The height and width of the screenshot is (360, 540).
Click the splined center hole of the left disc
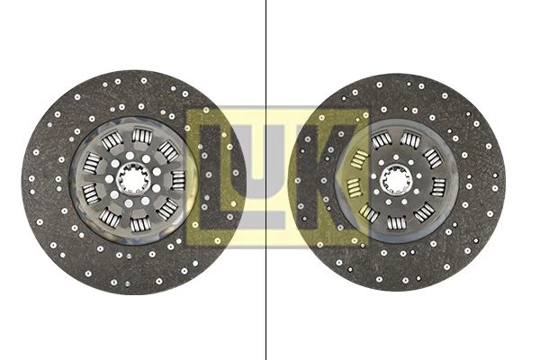132,179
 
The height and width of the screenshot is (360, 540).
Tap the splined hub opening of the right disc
395,179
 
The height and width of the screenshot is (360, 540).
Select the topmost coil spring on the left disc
142,135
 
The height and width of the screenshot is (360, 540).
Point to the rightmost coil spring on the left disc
178,180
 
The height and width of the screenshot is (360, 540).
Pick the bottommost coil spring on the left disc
139,224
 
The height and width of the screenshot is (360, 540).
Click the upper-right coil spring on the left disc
167,151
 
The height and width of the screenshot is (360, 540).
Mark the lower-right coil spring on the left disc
167,209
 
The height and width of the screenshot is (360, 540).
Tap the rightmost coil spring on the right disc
438,187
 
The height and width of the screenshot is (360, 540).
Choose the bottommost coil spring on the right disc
397,222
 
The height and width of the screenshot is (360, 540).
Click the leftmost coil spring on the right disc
354,188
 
